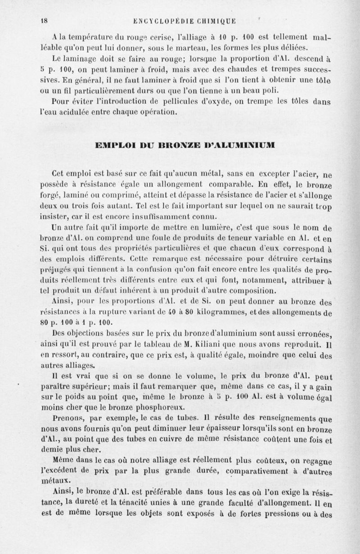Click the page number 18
45,20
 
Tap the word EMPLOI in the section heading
112,146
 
